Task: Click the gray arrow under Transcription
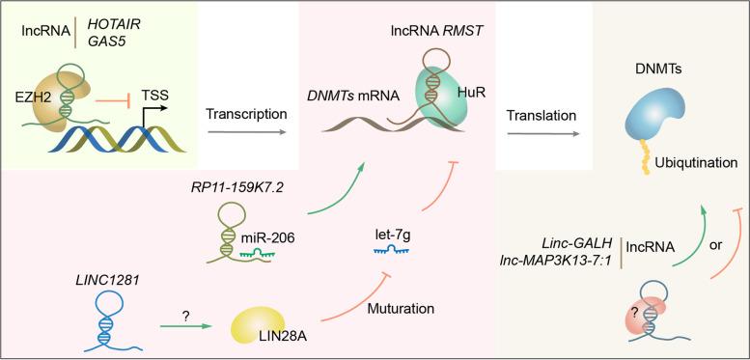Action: tap(245, 142)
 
